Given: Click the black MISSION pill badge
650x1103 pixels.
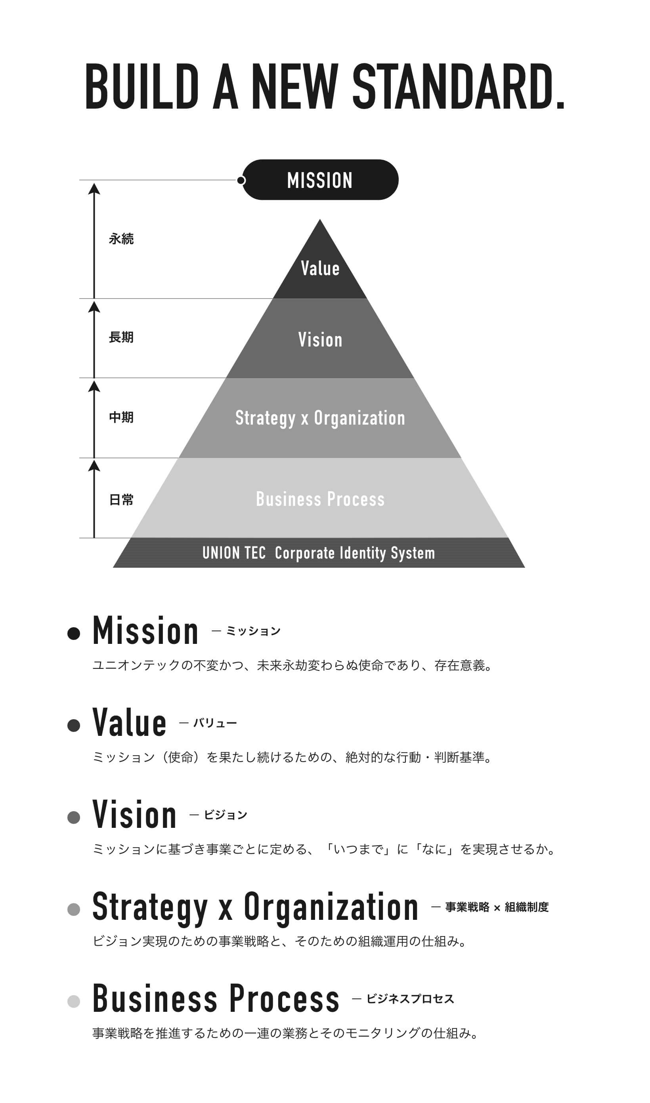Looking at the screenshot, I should [320, 180].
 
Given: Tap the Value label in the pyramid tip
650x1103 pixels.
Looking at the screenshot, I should [320, 268].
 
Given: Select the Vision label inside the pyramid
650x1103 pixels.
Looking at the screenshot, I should [320, 340].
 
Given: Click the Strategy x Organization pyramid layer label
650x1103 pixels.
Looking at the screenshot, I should [320, 418].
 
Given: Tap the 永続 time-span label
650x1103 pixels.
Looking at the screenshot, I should [121, 239].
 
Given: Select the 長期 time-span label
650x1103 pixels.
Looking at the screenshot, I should [121, 337].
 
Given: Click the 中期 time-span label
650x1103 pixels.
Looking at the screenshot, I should [121, 417].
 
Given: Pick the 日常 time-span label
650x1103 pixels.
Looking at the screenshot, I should [121, 500].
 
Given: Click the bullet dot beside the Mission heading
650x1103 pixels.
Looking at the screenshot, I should [74, 634].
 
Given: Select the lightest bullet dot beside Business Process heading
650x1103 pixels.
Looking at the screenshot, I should [74, 1002].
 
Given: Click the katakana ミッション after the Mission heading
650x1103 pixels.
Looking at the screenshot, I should [253, 631].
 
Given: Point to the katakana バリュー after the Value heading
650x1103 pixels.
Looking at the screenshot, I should [215, 723].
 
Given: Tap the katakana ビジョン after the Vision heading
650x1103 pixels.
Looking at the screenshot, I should [225, 815].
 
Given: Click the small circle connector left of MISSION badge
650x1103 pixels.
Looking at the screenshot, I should [241, 180].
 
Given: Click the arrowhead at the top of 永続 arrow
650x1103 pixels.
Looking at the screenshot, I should [94, 189].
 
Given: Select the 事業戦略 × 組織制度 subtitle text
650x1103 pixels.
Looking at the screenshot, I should [497, 907].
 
